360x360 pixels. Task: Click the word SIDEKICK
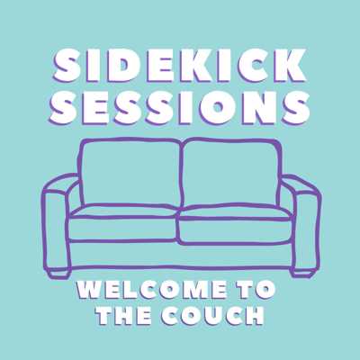pyautogui.click(x=180, y=66)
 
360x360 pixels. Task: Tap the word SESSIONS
pyautogui.click(x=180, y=107)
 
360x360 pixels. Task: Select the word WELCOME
pyautogui.click(x=152, y=290)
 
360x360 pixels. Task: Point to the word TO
pyautogui.click(x=258, y=290)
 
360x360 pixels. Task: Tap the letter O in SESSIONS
pyautogui.click(x=220, y=107)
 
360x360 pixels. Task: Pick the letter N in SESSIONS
pyautogui.click(x=257, y=107)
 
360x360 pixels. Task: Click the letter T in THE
pyautogui.click(x=107, y=315)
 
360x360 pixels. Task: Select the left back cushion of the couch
pyautogui.click(x=130, y=173)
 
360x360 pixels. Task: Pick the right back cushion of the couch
pyautogui.click(x=231, y=173)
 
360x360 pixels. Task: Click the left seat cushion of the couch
pyautogui.click(x=123, y=223)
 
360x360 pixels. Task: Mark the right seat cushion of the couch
pyautogui.click(x=236, y=224)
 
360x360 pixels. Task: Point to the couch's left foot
pyautogui.click(x=58, y=274)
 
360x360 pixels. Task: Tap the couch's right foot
pyautogui.click(x=303, y=274)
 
